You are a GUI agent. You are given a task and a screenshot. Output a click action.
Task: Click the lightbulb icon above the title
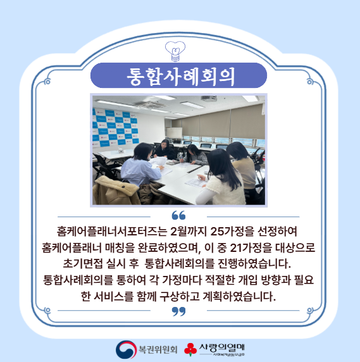point(179,49)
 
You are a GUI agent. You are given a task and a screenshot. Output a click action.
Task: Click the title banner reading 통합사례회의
point(179,75)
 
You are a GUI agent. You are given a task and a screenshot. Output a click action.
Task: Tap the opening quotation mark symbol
point(178,215)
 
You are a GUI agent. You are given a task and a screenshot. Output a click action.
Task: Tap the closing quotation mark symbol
point(179,311)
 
